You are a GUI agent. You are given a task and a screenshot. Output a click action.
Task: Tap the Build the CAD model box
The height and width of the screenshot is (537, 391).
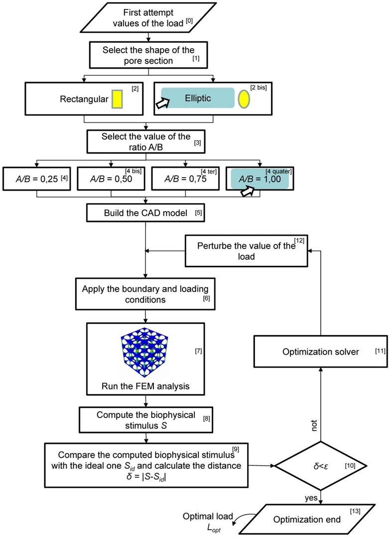(x=145, y=213)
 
